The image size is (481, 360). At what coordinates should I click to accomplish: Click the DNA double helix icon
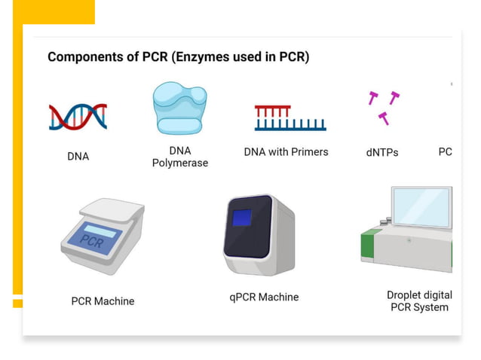[x=78, y=116]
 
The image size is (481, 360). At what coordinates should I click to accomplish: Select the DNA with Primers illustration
[x=290, y=117]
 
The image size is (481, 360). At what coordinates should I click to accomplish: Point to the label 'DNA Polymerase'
[x=180, y=157]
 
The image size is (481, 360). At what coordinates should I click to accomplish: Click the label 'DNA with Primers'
[x=286, y=151]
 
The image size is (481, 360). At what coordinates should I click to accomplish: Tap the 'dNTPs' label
[x=382, y=152]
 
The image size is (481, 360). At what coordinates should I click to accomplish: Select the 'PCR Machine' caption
[x=103, y=301]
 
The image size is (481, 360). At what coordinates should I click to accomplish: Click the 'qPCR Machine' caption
[x=264, y=297]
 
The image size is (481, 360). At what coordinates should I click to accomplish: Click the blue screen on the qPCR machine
[x=241, y=219]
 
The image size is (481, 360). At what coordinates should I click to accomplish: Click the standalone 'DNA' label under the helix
[x=78, y=157]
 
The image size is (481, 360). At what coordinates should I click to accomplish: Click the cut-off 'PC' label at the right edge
[x=445, y=151]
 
